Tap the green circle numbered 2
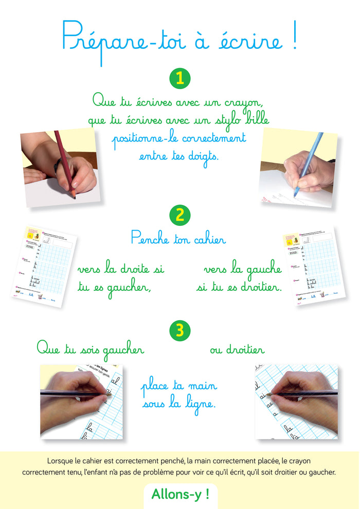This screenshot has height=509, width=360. pyautogui.click(x=179, y=215)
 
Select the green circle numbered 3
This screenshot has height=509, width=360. pyautogui.click(x=179, y=330)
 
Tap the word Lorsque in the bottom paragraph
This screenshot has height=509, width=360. pyautogui.click(x=60, y=461)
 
